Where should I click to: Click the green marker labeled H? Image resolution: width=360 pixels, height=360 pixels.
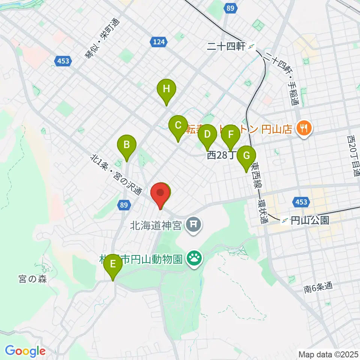pos(166,90)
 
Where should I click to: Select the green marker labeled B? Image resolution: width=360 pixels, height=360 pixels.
pos(127,145)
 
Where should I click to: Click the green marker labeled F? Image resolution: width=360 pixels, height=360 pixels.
pos(231,135)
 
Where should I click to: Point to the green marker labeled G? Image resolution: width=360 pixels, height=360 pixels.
pos(246,156)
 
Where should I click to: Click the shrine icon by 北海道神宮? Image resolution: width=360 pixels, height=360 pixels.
pos(194,225)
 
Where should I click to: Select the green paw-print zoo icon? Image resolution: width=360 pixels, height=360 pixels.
pos(194,258)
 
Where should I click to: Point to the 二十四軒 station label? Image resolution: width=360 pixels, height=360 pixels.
pos(226,46)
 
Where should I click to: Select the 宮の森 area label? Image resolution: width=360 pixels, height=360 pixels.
pos(33,279)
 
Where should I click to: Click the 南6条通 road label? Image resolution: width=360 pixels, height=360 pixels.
pos(318,288)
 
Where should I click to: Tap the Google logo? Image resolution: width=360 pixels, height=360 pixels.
pos(25,351)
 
